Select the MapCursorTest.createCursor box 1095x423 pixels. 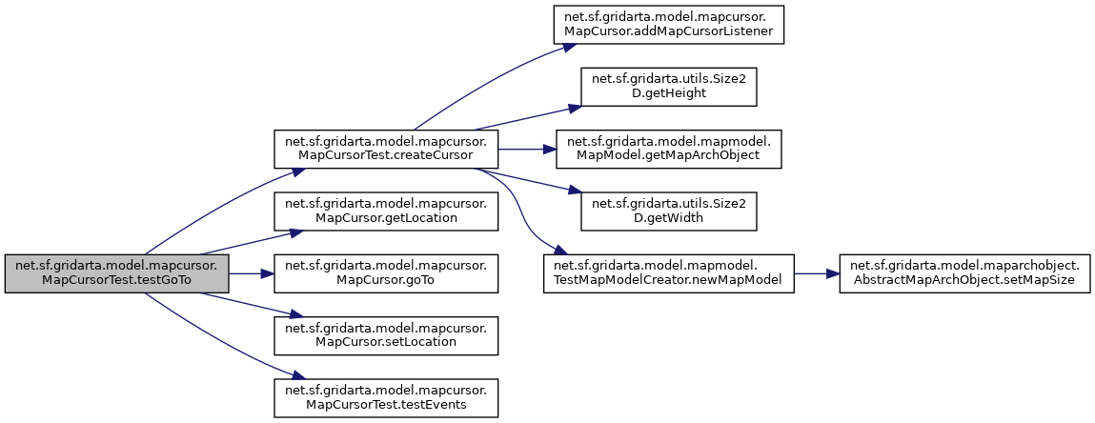click(x=386, y=149)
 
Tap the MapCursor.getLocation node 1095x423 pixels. click(x=386, y=211)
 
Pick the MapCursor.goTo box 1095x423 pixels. click(x=386, y=273)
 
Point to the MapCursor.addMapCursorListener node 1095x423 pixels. click(x=668, y=25)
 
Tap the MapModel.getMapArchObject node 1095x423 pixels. click(x=668, y=149)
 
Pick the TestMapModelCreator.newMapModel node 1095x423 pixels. click(x=668, y=273)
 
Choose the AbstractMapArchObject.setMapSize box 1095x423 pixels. click(x=963, y=273)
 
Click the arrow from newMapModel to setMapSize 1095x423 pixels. click(x=816, y=273)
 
